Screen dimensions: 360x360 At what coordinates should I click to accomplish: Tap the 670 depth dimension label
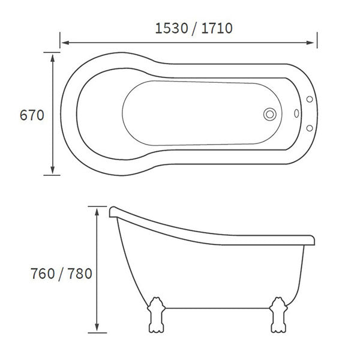tap(32, 115)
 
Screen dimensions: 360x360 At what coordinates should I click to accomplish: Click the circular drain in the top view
tap(269, 113)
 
